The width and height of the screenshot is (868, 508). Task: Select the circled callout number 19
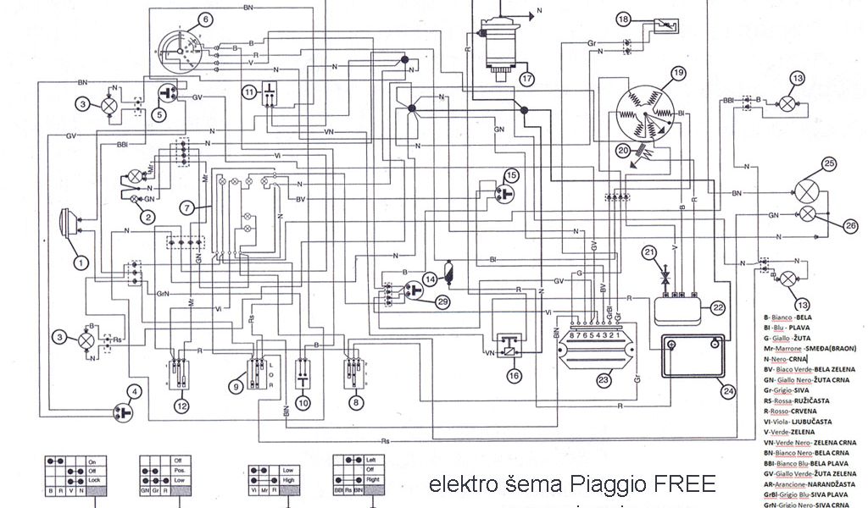(677, 74)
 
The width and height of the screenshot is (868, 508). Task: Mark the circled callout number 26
(850, 224)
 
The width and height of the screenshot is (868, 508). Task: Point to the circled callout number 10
(303, 402)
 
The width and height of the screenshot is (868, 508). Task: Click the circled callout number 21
(648, 252)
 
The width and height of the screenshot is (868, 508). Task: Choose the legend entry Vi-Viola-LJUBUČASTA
(796, 421)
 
